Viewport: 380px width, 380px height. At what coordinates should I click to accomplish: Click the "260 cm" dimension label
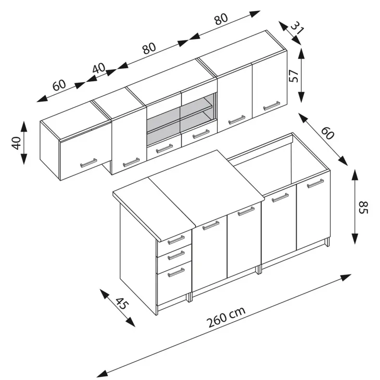(226, 317)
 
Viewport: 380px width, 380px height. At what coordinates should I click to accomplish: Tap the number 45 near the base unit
(121, 303)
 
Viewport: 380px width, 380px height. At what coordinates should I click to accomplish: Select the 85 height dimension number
(363, 208)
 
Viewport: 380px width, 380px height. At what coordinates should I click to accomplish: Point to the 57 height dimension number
(294, 76)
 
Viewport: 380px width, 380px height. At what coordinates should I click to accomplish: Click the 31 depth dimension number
(297, 28)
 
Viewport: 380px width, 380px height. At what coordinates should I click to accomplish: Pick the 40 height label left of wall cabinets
(16, 143)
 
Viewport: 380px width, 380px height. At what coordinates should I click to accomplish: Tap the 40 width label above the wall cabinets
(99, 68)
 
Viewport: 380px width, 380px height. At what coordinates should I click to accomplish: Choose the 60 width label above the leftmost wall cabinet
(59, 85)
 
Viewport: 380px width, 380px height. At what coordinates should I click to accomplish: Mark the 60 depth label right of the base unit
(327, 133)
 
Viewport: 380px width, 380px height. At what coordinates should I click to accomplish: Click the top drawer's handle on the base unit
(176, 239)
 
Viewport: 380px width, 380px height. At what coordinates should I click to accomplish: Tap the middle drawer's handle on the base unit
(176, 255)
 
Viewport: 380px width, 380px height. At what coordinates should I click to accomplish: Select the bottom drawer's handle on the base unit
(176, 272)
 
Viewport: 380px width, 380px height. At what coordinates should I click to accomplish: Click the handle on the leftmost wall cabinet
(88, 163)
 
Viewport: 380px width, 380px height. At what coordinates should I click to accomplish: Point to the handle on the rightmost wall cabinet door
(271, 106)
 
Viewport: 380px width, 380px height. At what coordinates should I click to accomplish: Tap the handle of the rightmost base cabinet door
(315, 183)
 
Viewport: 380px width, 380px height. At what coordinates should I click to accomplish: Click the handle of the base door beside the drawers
(211, 225)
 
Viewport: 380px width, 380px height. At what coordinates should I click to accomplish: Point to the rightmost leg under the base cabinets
(327, 242)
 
